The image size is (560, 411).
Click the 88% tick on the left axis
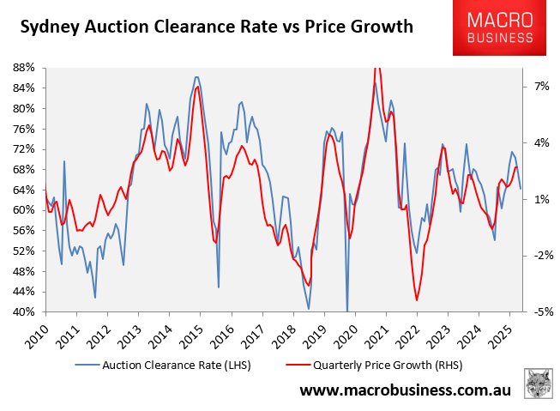pos(23,67)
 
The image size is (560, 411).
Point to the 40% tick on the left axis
pos(23,312)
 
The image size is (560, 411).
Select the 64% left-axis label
pos(23,190)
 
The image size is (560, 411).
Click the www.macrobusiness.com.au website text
pos(405,391)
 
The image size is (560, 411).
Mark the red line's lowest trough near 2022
pos(417,299)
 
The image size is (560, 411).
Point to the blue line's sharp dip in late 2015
pos(219,287)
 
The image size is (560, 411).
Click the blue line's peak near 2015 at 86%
pos(196,77)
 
